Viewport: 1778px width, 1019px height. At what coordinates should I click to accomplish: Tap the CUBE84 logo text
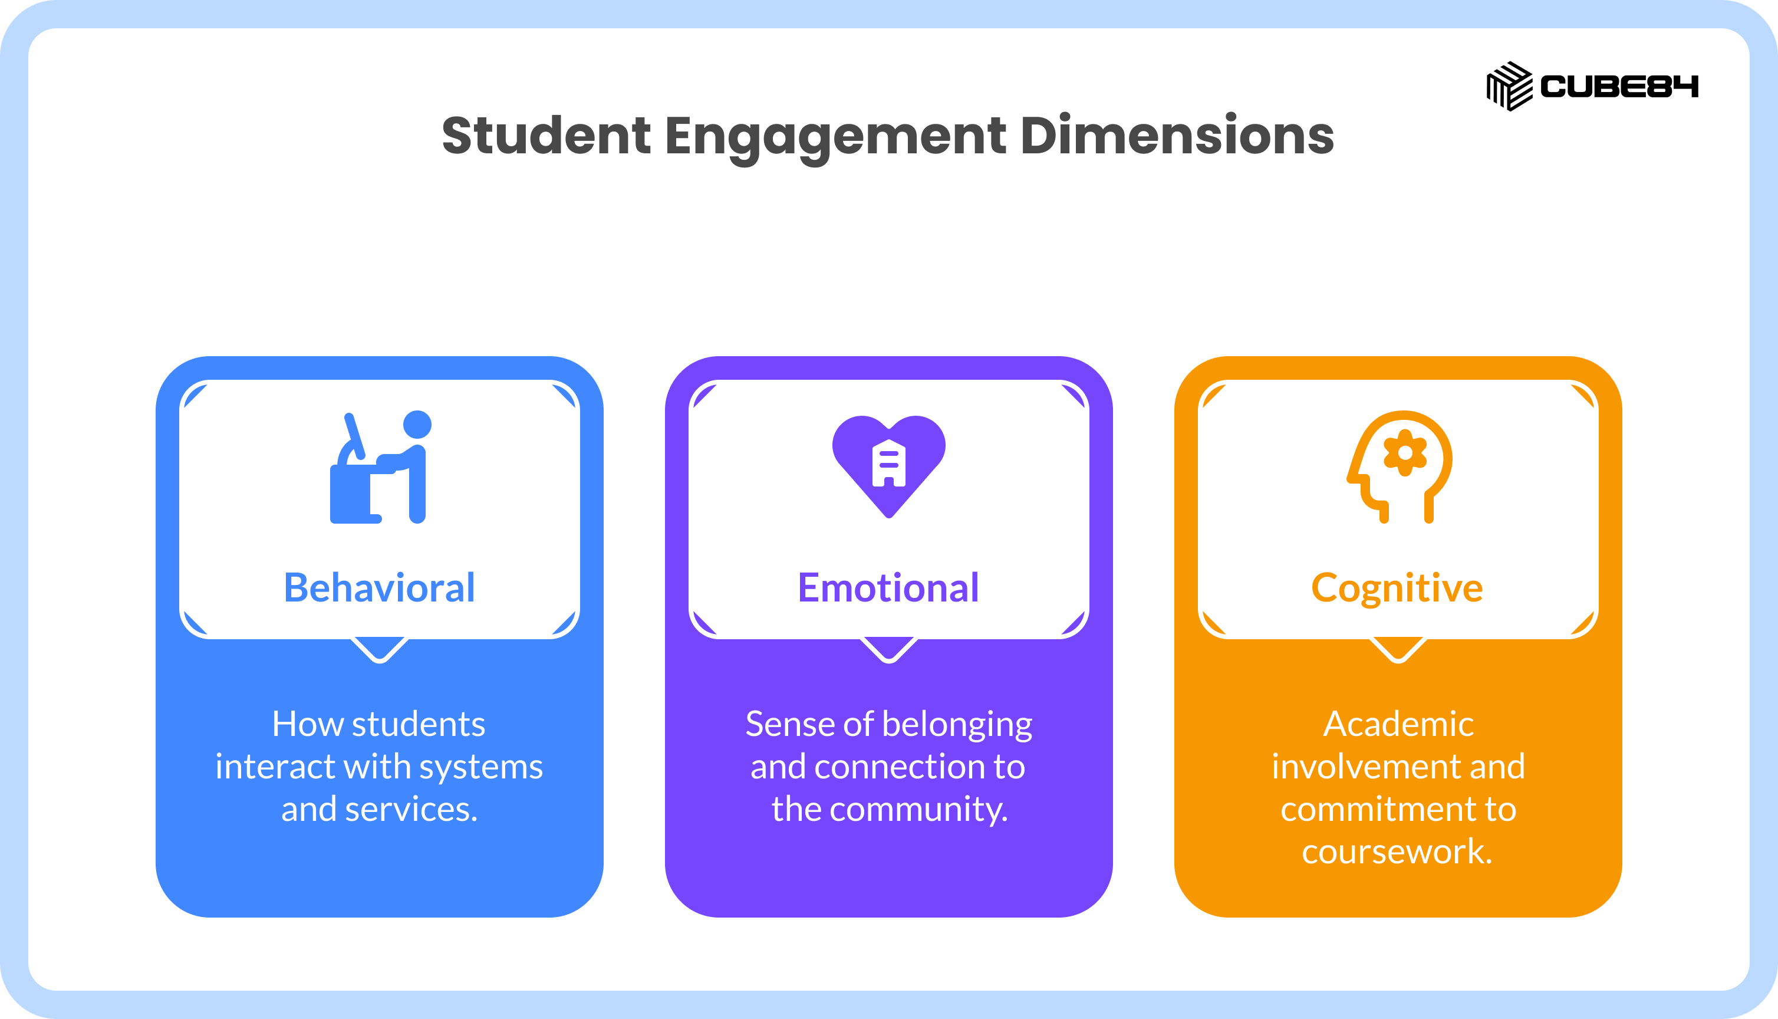(x=1619, y=87)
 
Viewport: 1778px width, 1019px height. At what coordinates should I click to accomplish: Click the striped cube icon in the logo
(x=1509, y=86)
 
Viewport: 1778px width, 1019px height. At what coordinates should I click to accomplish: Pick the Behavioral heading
(x=379, y=587)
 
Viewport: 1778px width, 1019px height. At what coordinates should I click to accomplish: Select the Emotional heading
(x=888, y=587)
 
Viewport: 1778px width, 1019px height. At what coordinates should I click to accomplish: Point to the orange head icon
(x=1400, y=467)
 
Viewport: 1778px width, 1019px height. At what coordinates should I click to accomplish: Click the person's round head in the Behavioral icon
(x=417, y=424)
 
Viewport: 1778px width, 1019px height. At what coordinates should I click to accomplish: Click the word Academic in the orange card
(x=1398, y=724)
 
